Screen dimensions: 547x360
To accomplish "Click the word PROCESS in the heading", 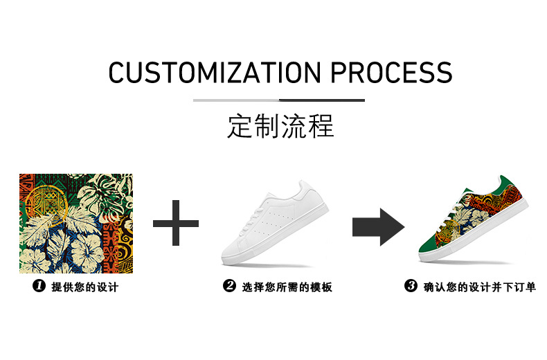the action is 391,73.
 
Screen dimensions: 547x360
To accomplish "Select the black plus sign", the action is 176,223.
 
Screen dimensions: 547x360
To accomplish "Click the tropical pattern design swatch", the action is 76,214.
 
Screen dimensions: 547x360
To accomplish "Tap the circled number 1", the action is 39,286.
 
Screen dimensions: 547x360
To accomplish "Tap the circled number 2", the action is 229,286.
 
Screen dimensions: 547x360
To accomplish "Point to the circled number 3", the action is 411,286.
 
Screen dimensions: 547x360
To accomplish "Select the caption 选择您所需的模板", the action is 287,287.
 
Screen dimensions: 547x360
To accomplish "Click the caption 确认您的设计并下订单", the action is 480,287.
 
